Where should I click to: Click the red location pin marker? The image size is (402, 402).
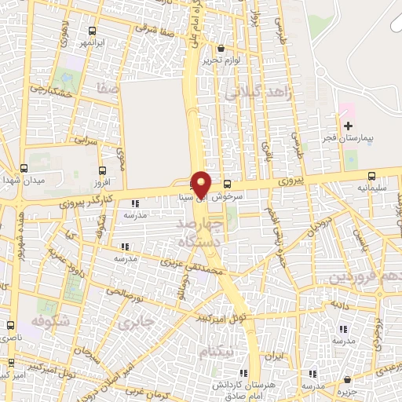coord(201,184)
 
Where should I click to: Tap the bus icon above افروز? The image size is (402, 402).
coord(101,169)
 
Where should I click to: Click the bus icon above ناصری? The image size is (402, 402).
coord(11,324)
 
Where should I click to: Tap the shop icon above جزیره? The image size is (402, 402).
coord(342,376)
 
